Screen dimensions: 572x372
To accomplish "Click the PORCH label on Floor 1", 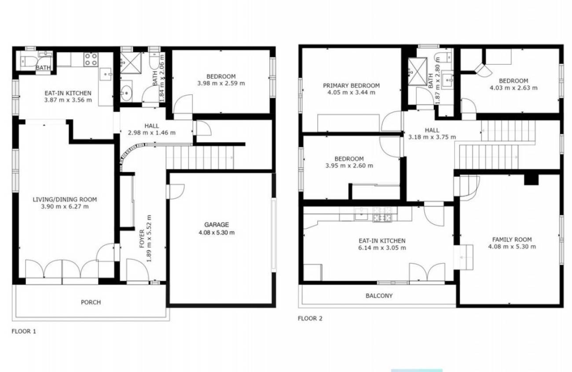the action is point(91,303).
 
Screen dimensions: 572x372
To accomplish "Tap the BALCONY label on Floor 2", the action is point(379,296).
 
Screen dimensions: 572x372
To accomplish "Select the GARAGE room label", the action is point(216,225).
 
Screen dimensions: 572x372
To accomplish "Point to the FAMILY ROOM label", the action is point(512,240).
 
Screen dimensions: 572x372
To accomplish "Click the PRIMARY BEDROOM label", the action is point(351,86).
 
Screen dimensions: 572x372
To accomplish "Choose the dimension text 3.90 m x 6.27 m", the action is point(65,206).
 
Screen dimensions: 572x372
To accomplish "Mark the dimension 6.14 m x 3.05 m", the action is point(382,248).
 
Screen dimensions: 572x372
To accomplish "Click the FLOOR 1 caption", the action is point(24,332).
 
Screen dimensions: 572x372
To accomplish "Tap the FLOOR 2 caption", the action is point(310,318).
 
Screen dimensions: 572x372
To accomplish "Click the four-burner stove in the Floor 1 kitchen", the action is point(91,59).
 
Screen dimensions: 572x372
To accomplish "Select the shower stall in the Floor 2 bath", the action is point(418,71).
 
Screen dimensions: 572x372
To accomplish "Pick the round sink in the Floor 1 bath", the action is point(126,93).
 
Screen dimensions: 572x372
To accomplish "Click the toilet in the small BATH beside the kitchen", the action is point(29,61).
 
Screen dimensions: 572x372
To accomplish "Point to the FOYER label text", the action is point(142,239).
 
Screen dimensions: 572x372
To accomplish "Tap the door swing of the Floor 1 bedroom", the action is point(183,104).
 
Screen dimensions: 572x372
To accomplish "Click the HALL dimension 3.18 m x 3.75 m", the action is point(432,137).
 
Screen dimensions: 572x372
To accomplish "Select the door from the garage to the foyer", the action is point(175,192).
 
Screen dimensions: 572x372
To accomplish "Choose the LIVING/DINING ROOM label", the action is point(65,200).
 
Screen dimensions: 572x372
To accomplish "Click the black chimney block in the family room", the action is point(531,179).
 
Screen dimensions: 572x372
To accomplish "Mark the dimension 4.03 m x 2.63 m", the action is point(513,88).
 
